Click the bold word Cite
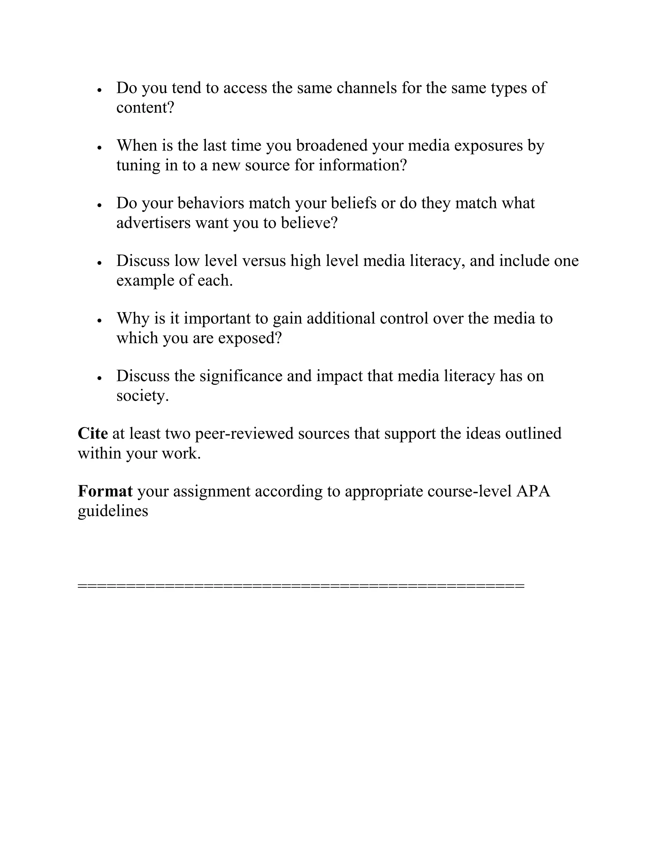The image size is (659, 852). pos(93,433)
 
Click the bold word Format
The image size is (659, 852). pos(105,491)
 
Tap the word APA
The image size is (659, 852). pos(533,491)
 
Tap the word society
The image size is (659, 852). pos(142,396)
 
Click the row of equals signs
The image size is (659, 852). pos(301,585)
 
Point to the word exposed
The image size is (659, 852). pos(249,338)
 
